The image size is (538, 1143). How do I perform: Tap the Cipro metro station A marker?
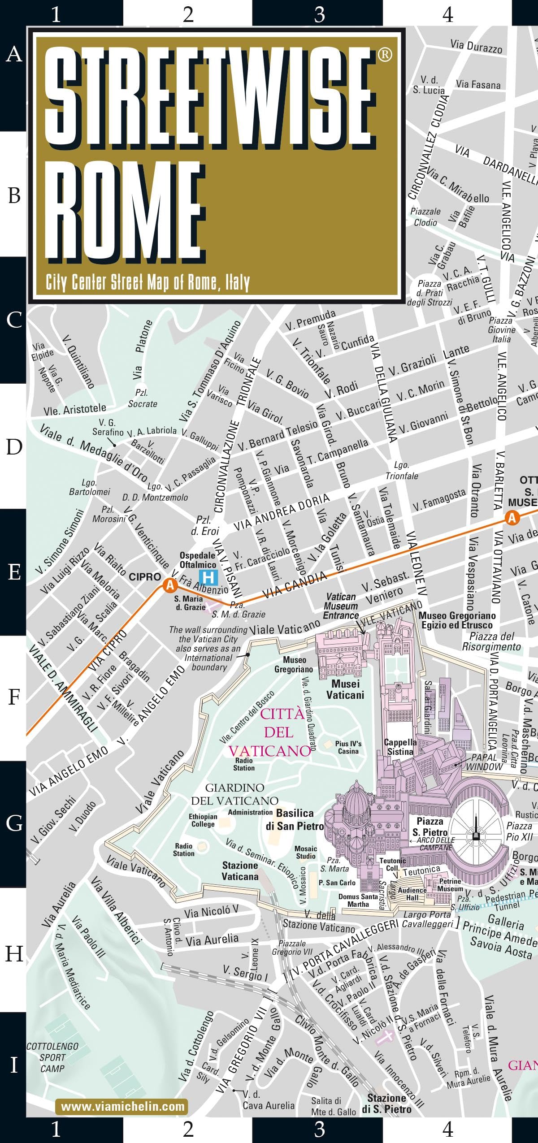[x=169, y=585]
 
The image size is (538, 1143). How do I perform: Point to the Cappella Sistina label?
[x=400, y=747]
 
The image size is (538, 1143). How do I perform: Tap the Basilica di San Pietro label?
[x=295, y=819]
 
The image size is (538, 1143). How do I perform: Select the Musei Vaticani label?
[x=345, y=689]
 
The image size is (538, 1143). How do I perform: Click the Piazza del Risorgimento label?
[x=491, y=641]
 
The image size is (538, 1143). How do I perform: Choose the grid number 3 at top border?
[x=319, y=14]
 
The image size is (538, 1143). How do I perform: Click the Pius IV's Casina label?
[x=348, y=747]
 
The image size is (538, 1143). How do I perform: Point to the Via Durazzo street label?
[x=476, y=46]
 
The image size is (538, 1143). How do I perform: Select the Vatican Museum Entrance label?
[x=341, y=606]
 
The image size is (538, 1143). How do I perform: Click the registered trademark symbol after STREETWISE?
[x=385, y=55]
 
